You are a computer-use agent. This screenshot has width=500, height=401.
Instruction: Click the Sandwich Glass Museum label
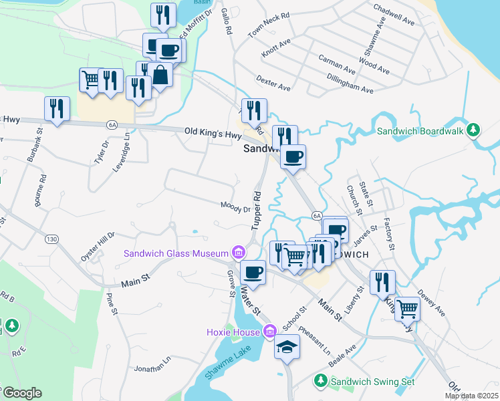175,253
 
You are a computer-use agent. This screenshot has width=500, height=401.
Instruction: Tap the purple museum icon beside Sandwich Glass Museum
238,253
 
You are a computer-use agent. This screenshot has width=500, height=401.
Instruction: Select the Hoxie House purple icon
269,330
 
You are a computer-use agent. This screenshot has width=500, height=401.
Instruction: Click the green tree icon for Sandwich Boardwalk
473,129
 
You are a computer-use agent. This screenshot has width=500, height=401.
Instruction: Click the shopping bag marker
161,74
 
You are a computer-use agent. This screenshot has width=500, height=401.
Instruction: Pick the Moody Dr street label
236,207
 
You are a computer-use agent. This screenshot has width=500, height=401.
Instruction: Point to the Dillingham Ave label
350,87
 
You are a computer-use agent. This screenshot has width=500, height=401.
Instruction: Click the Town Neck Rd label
269,24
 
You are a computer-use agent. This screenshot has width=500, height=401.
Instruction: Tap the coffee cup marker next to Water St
253,272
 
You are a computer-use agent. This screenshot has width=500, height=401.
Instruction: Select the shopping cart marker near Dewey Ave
407,309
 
